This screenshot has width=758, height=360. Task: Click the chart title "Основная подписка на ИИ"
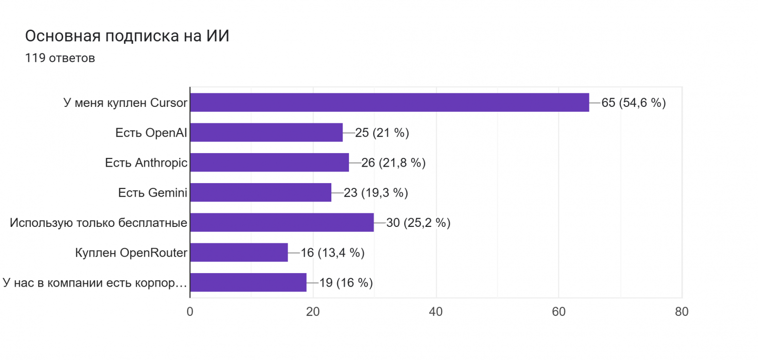click(127, 36)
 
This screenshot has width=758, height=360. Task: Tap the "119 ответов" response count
click(60, 58)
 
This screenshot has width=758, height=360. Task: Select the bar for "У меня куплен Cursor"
click(389, 103)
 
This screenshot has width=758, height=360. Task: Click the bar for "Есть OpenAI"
click(266, 133)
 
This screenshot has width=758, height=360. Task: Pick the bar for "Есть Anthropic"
click(269, 163)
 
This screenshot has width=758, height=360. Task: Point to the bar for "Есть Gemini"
click(260, 193)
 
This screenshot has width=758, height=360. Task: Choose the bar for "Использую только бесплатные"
click(282, 223)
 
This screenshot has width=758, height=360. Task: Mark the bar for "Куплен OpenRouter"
click(239, 253)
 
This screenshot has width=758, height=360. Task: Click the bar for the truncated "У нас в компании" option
click(248, 283)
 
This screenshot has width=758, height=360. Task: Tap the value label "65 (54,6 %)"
click(633, 103)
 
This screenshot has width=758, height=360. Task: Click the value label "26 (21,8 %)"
click(393, 163)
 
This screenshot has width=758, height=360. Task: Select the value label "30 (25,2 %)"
click(418, 223)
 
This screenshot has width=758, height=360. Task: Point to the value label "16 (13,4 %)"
click(332, 253)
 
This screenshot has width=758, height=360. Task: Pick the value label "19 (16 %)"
click(346, 283)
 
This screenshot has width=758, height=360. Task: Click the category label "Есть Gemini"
click(153, 193)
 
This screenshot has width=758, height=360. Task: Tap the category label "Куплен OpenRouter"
click(131, 253)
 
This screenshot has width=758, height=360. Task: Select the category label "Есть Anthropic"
click(146, 163)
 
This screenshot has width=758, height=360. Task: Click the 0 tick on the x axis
click(190, 312)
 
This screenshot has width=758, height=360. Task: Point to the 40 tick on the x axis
click(436, 312)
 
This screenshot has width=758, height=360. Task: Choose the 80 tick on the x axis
click(682, 312)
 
